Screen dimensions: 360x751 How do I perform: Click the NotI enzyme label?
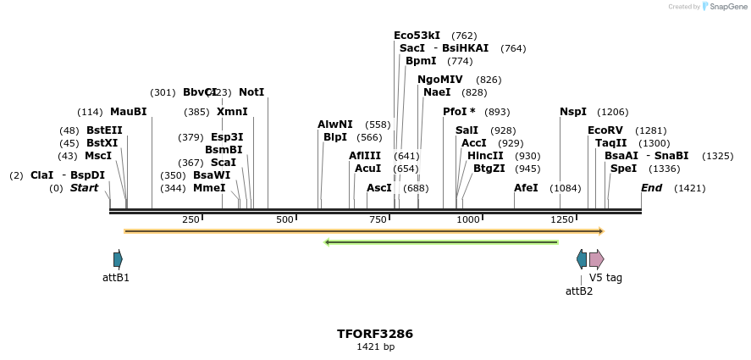(x=251, y=91)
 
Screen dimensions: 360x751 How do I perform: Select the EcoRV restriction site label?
(x=605, y=130)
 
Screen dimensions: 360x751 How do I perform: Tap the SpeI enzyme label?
(x=623, y=169)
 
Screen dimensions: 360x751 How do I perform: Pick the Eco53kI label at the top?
(x=417, y=36)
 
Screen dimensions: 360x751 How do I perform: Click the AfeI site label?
(x=526, y=188)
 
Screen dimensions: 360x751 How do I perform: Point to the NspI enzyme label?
(x=572, y=112)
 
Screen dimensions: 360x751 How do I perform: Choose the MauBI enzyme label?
(x=128, y=112)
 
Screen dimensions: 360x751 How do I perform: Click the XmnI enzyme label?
(x=232, y=112)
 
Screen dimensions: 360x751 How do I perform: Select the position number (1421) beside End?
(x=689, y=188)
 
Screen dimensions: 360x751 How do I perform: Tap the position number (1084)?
(x=566, y=188)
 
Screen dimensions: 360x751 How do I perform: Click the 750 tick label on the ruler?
(x=377, y=220)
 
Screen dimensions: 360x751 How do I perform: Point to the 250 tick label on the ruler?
(x=191, y=220)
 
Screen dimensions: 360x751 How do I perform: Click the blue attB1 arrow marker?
(x=118, y=259)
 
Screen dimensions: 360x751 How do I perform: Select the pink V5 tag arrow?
(x=596, y=259)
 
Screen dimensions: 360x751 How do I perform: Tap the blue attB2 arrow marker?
(x=581, y=259)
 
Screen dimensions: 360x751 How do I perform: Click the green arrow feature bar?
(x=441, y=242)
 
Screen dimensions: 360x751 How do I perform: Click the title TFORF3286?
(x=375, y=334)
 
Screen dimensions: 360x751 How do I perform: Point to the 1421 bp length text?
(x=375, y=347)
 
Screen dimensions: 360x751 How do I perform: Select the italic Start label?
(x=84, y=188)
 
